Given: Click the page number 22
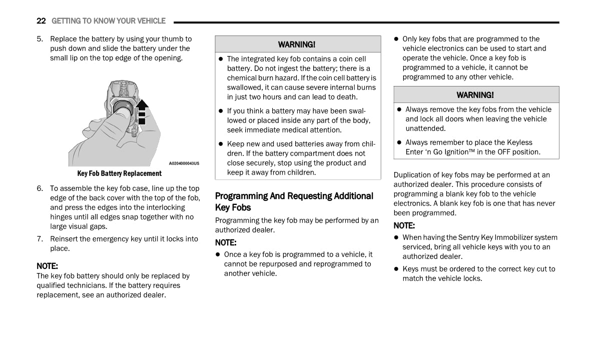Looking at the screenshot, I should pyautogui.click(x=41, y=21).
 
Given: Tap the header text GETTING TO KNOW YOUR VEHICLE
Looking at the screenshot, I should pyautogui.click(x=108, y=21).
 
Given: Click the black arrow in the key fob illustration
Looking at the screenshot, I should pyautogui.click(x=142, y=111).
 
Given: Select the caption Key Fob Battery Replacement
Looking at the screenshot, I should pyautogui.click(x=119, y=173).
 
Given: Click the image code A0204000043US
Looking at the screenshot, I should pyautogui.click(x=184, y=163).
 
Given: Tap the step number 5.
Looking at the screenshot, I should pyautogui.click(x=39, y=39).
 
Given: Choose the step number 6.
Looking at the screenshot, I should pyautogui.click(x=39, y=188).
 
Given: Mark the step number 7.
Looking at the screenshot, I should pyautogui.click(x=39, y=239).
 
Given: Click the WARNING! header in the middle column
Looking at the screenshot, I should pyautogui.click(x=297, y=44).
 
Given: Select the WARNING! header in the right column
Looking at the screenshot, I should pyautogui.click(x=475, y=95).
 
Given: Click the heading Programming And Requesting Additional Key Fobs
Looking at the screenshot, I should pyautogui.click(x=294, y=201).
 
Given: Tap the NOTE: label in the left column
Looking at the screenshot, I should pyautogui.click(x=47, y=266).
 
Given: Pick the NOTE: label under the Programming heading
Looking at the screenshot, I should pyautogui.click(x=226, y=242).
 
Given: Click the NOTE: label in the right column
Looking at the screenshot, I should pyautogui.click(x=404, y=225).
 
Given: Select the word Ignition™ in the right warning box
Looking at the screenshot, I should pyautogui.click(x=458, y=152).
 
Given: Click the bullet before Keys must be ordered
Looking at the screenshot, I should pyautogui.click(x=396, y=269).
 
